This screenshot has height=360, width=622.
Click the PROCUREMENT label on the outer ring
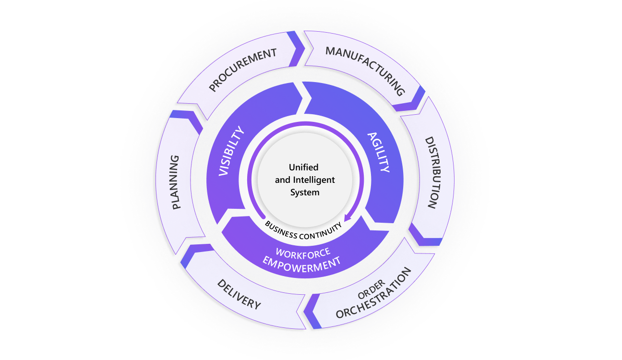(243, 70)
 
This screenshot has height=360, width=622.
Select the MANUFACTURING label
(365, 71)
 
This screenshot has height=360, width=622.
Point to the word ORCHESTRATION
(374, 293)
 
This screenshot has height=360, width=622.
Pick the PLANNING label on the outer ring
(176, 182)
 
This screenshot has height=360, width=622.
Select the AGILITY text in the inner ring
(379, 152)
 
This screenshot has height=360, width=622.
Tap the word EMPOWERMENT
(302, 264)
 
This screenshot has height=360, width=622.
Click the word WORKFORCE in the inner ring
(303, 252)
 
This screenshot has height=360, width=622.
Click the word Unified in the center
(303, 168)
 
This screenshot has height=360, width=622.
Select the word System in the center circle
(305, 192)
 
